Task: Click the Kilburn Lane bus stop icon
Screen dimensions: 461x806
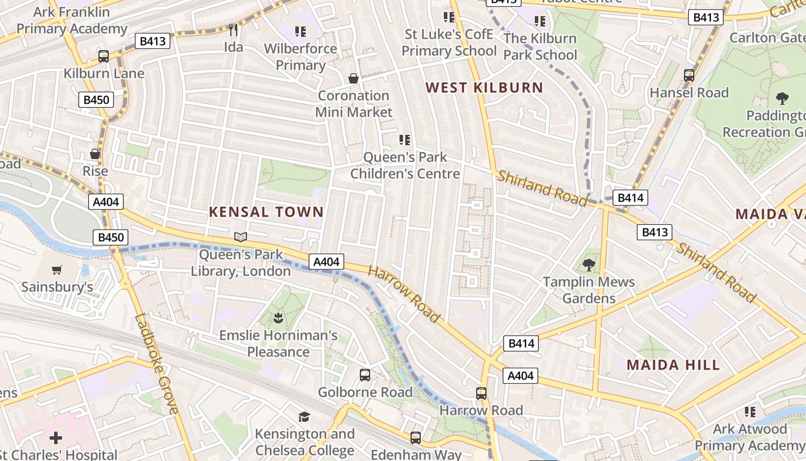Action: pos(104,56)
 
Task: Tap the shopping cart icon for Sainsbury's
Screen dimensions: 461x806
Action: pos(56,270)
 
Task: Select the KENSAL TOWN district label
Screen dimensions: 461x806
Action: pos(266,212)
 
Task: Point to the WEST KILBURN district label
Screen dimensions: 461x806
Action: pos(484,88)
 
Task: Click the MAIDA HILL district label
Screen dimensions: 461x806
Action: pos(673,365)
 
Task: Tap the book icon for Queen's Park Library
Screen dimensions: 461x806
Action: pos(241,237)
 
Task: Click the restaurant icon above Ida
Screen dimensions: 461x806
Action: pos(233,30)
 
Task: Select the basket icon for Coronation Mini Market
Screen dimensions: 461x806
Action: pos(353,78)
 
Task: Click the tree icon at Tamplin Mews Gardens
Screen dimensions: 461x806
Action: pos(588,265)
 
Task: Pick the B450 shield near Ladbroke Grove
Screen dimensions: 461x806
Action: pos(110,237)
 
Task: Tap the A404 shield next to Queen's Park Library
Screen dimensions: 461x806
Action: pos(326,262)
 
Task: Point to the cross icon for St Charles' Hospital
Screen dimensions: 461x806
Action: pos(56,438)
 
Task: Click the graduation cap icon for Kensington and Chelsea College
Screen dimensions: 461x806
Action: pos(304,417)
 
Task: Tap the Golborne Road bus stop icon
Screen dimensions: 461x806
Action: pos(365,375)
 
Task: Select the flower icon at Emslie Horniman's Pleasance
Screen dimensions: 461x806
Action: pos(278,318)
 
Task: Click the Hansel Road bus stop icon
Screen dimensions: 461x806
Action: pos(689,75)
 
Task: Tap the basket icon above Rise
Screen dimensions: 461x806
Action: pos(95,154)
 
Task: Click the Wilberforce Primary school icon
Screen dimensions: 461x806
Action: pos(300,31)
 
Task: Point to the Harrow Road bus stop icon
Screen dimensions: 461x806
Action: pos(481,394)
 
